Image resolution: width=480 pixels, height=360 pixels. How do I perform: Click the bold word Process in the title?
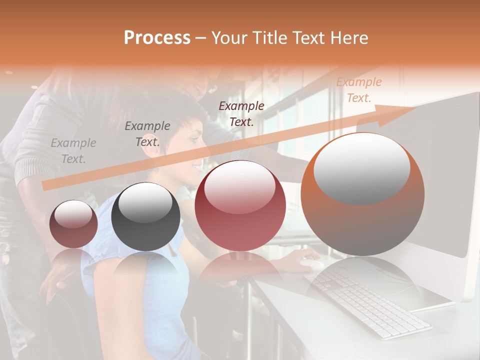[157, 38]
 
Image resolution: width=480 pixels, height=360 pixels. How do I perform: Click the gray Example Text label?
[73, 151]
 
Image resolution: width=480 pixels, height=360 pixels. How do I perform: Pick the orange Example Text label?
[359, 90]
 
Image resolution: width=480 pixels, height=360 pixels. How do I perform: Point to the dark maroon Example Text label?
[241, 113]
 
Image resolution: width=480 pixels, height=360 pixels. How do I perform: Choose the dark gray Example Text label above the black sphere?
[147, 133]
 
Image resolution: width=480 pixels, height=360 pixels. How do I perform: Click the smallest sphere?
[73, 224]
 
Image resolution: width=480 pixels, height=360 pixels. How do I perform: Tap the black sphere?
[145, 217]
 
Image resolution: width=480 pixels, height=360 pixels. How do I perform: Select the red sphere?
[240, 205]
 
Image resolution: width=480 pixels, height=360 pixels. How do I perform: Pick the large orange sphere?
[362, 195]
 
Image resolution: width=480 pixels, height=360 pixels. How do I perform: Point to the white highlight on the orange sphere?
[361, 167]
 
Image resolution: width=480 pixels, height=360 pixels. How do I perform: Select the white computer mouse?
[311, 263]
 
